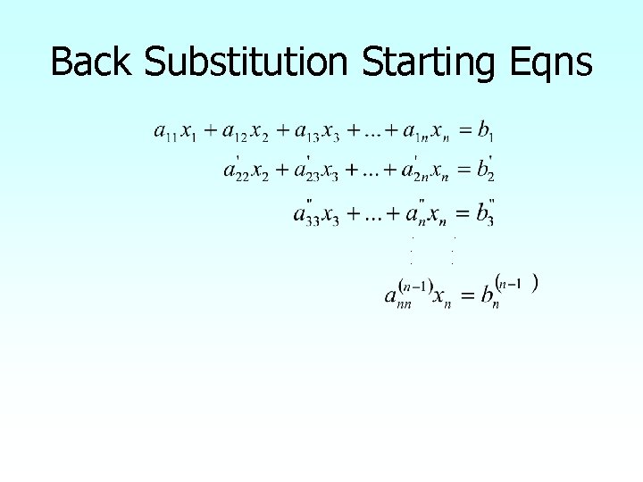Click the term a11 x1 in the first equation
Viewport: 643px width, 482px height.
pyautogui.click(x=176, y=133)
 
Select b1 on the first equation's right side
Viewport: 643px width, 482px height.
pyautogui.click(x=486, y=133)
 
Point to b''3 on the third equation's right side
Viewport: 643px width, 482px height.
pyautogui.click(x=486, y=214)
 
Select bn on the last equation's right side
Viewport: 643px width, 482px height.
pyautogui.click(x=488, y=297)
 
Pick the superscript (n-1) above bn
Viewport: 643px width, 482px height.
pyautogui.click(x=516, y=284)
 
